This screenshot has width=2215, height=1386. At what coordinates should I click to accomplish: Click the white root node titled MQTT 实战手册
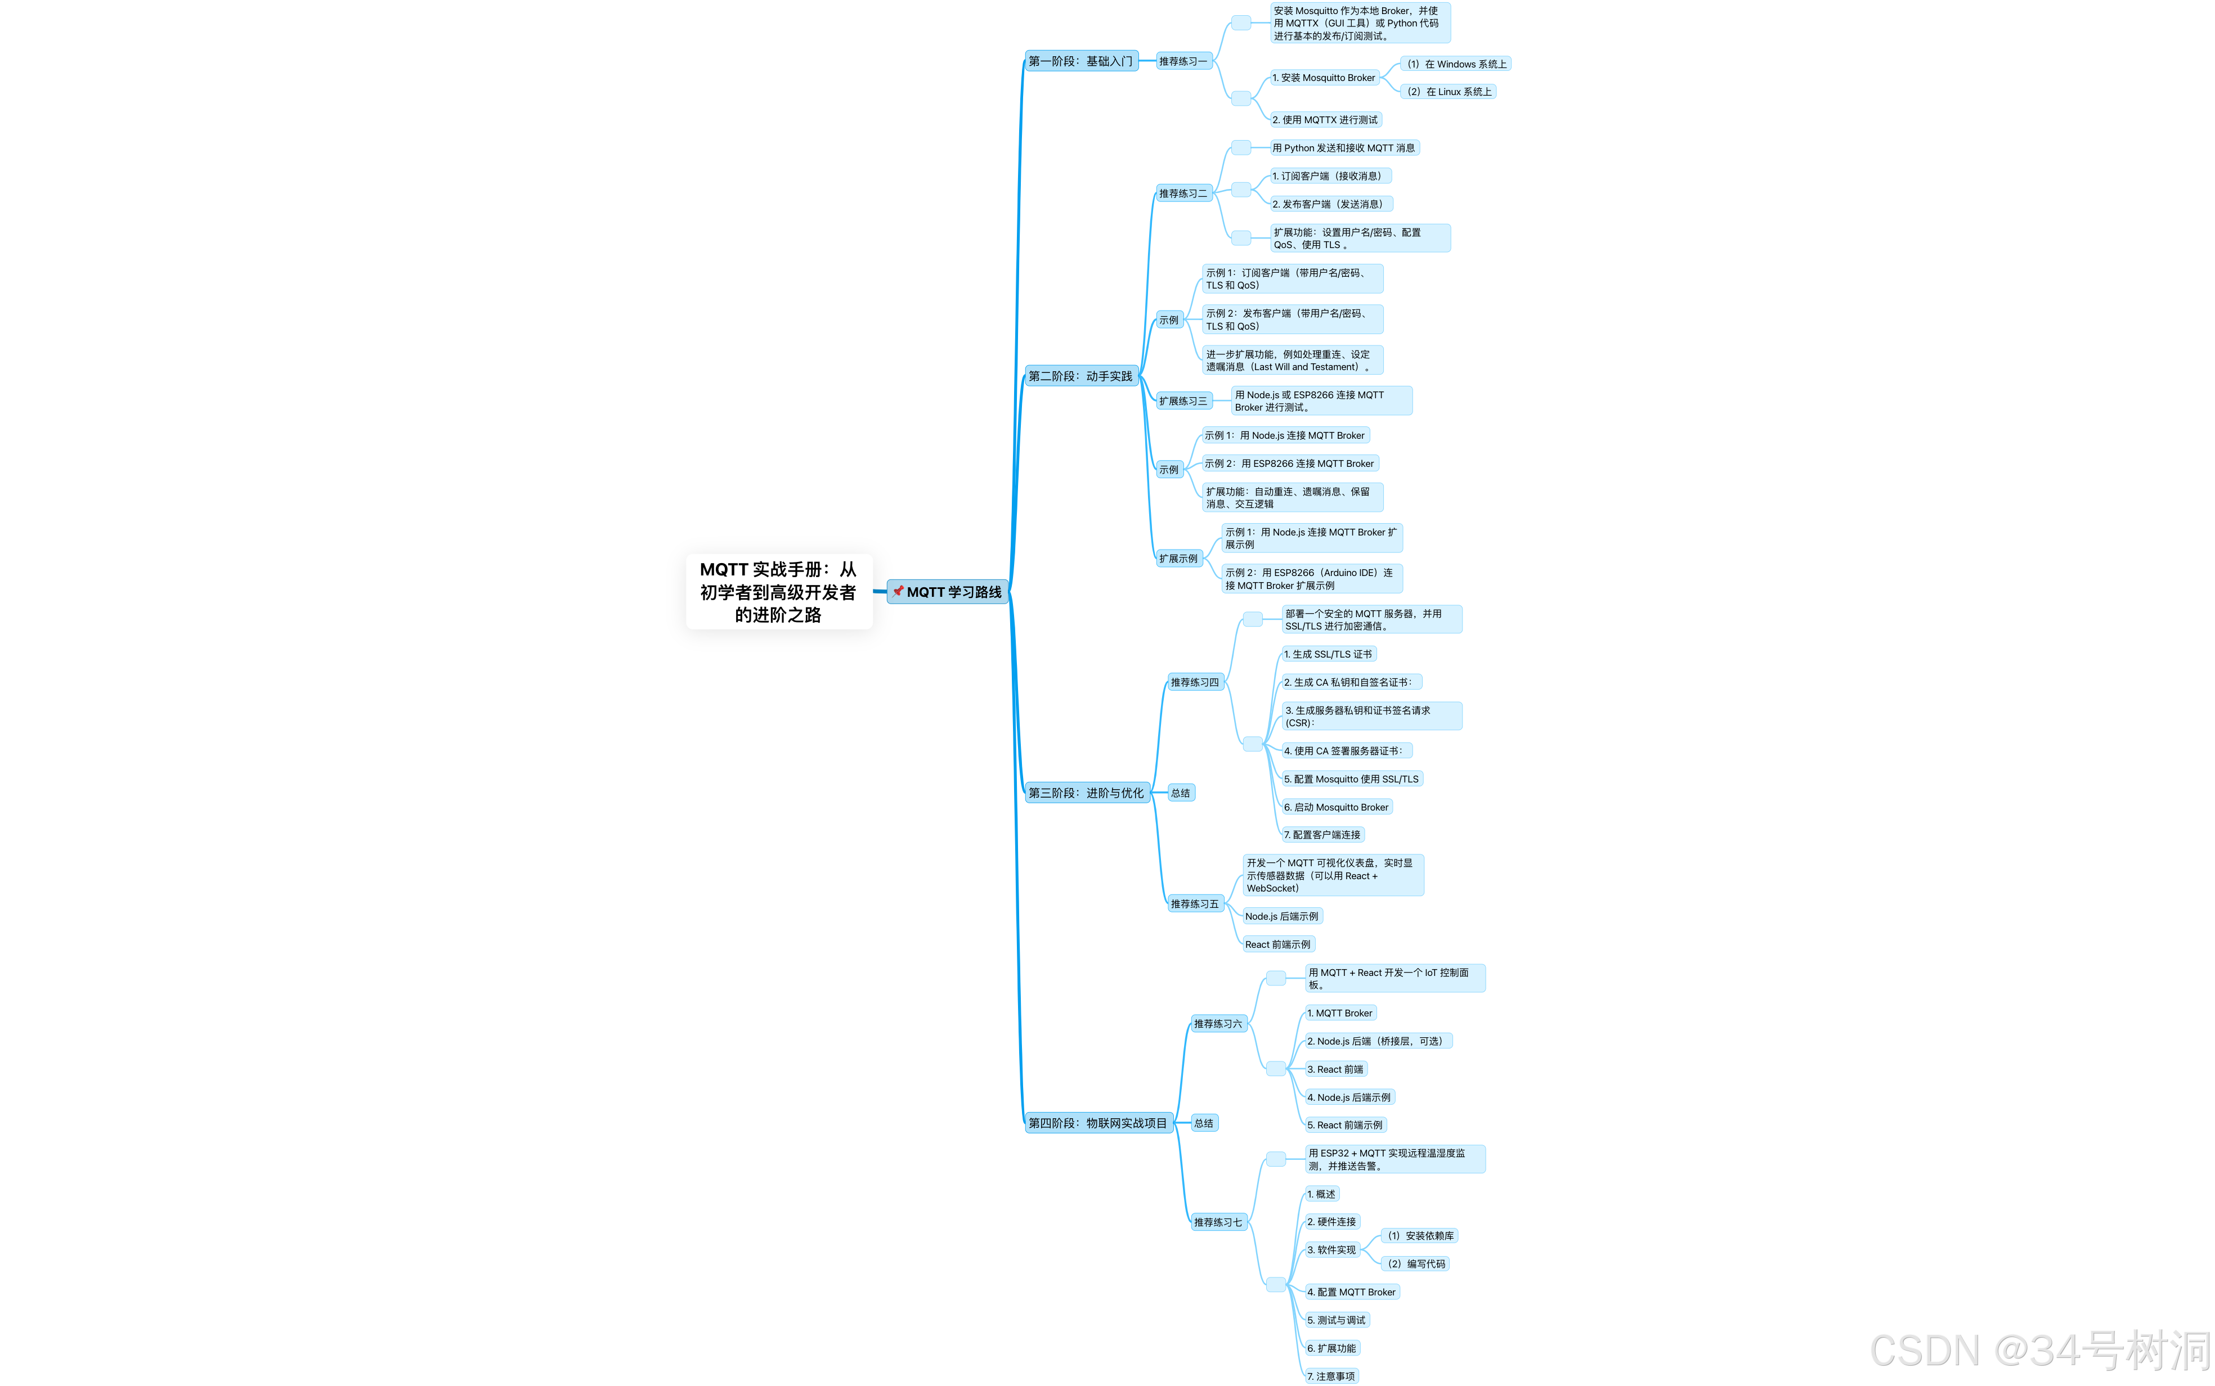click(x=778, y=591)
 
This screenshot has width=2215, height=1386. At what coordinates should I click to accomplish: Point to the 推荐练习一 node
click(x=1183, y=61)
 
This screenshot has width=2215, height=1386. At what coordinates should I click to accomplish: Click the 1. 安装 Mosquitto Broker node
click(x=1324, y=78)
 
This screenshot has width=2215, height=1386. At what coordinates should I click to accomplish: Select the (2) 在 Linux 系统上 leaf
click(x=1449, y=92)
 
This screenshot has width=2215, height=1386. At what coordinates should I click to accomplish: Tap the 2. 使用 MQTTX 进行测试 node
click(x=1325, y=120)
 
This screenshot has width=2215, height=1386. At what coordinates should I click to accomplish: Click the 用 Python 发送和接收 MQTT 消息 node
click(x=1344, y=147)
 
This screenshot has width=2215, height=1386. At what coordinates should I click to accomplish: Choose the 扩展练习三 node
click(x=1183, y=400)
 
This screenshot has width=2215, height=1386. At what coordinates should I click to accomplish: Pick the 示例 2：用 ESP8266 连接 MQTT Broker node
click(x=1290, y=464)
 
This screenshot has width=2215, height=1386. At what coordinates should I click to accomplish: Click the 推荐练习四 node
click(x=1195, y=682)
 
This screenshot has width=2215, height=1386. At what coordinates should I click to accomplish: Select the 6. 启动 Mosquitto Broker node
click(x=1337, y=807)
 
